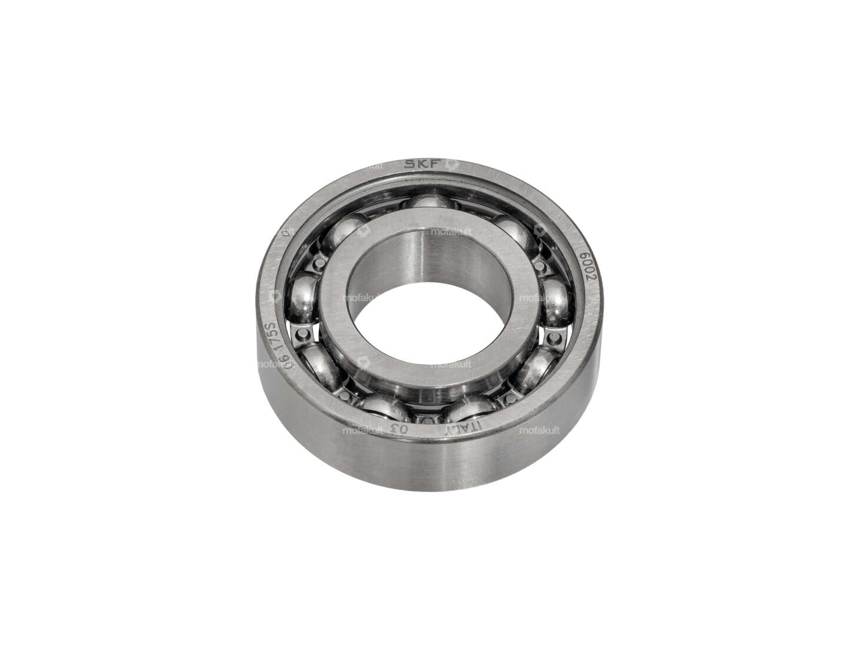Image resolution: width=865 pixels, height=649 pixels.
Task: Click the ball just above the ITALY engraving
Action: (x=468, y=408)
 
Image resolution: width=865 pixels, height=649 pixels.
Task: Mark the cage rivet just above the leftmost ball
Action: (x=319, y=260)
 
